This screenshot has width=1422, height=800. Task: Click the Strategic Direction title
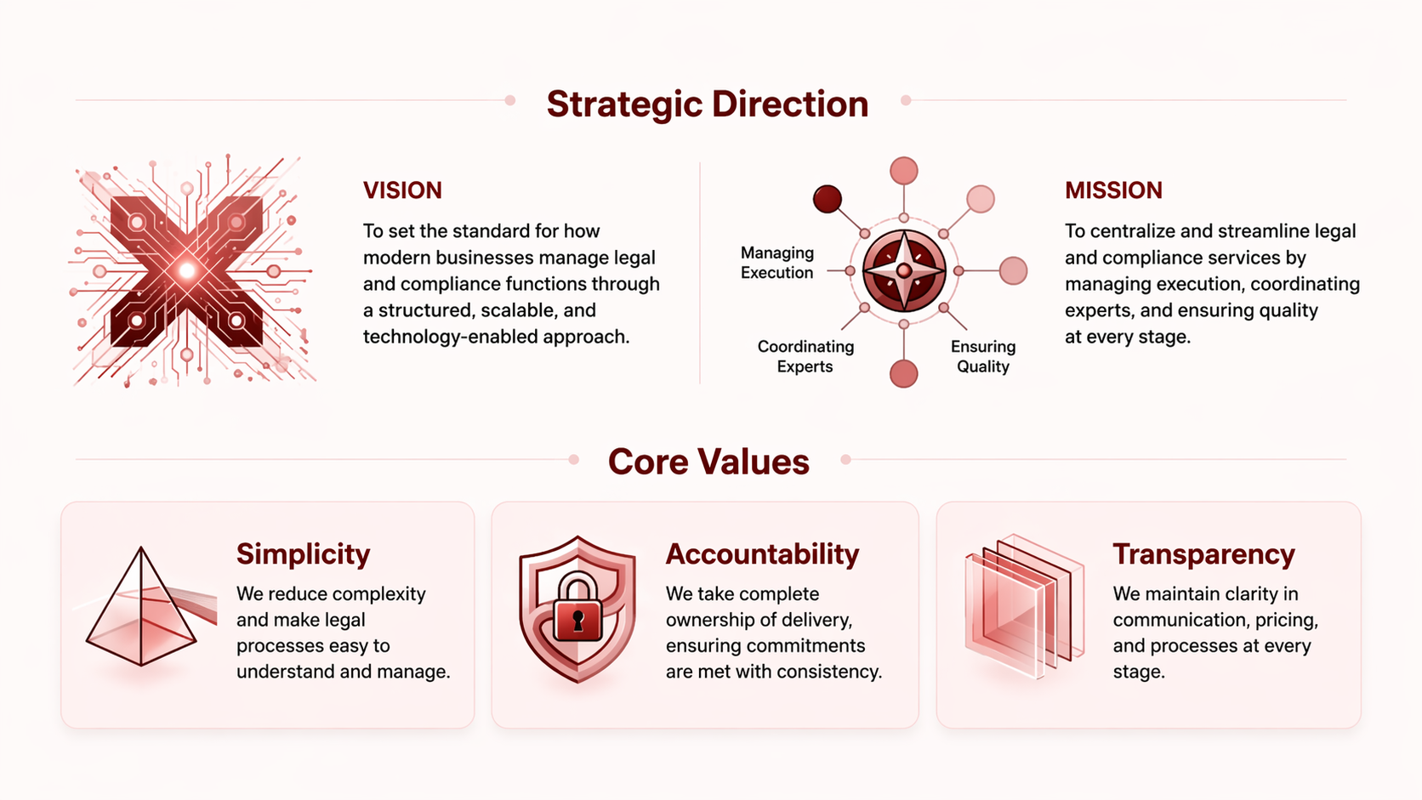[x=708, y=104]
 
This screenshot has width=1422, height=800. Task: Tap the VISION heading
[x=402, y=190]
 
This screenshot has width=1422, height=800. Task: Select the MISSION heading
[x=1113, y=190]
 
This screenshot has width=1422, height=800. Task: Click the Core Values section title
[x=708, y=462]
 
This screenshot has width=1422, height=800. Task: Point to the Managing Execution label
[x=776, y=263]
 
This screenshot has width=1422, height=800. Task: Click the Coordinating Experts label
[x=805, y=356]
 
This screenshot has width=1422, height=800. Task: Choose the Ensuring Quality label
[x=982, y=356]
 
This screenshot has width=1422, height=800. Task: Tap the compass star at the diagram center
[x=904, y=271]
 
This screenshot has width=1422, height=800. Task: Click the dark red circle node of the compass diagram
[x=827, y=199]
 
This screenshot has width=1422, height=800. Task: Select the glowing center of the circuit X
[x=187, y=271]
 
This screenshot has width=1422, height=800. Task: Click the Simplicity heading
[x=303, y=554]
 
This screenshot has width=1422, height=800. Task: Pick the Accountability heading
[x=762, y=554]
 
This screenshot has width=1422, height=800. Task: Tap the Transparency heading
[x=1203, y=554]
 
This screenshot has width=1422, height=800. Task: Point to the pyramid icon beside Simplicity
[x=142, y=609]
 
